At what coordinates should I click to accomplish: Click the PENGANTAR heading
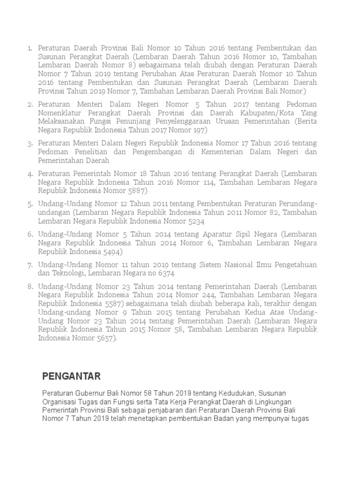71,376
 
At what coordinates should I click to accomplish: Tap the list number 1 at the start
30,48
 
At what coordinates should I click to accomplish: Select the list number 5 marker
30,204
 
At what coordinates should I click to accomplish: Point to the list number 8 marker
30,287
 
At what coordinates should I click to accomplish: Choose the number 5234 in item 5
193,221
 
